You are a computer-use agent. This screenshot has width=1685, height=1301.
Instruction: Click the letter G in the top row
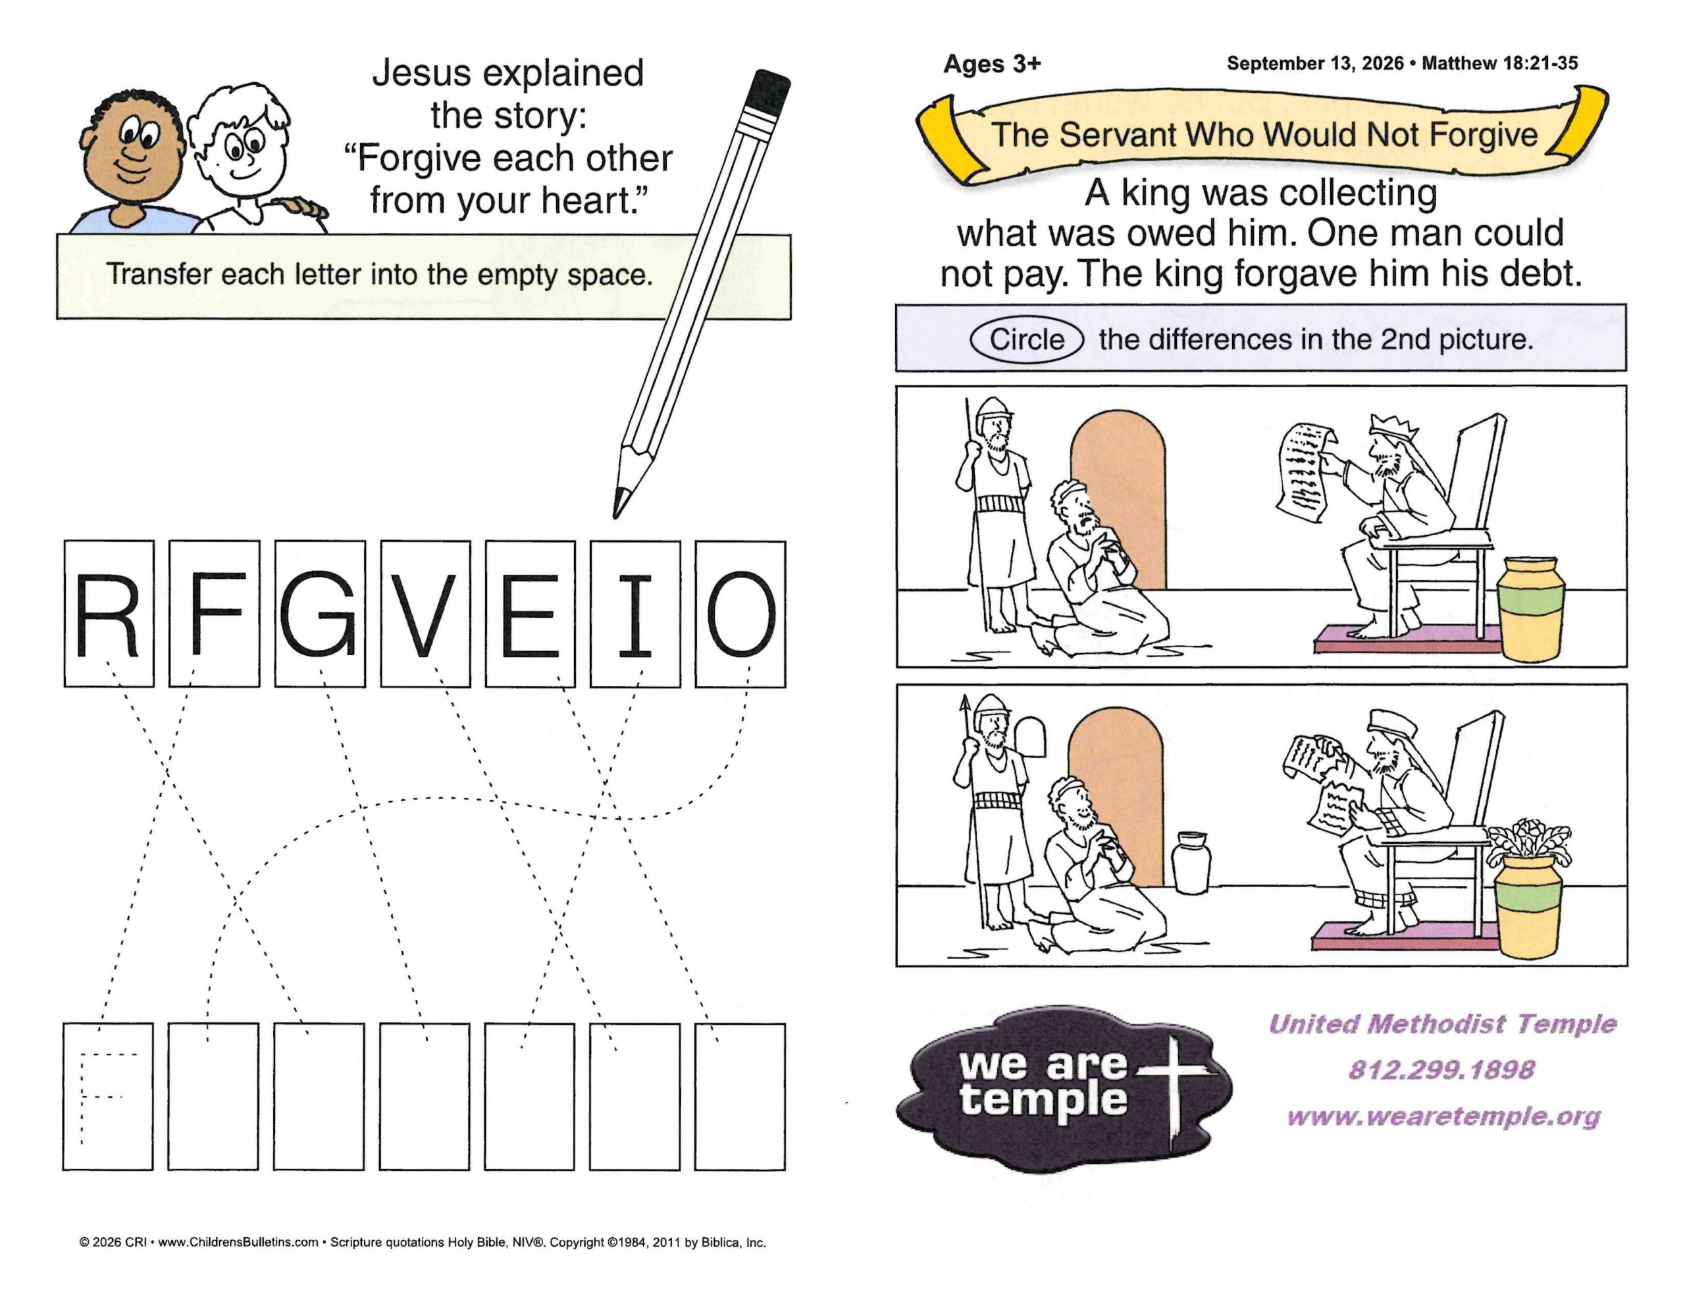click(x=318, y=614)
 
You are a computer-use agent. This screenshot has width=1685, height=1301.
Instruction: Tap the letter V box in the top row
click(x=425, y=614)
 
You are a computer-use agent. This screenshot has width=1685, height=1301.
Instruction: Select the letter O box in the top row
click(x=740, y=614)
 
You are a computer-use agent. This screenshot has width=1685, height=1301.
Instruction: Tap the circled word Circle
click(x=1027, y=339)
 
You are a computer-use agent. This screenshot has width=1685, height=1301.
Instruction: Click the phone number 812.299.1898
click(x=1441, y=1069)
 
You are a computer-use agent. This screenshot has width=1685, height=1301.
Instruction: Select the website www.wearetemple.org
click(x=1443, y=1116)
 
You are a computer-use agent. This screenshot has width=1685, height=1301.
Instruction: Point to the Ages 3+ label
click(x=992, y=64)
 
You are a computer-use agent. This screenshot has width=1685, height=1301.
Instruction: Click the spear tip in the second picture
click(x=964, y=702)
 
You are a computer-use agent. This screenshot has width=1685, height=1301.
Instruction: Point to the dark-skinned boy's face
click(x=134, y=151)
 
